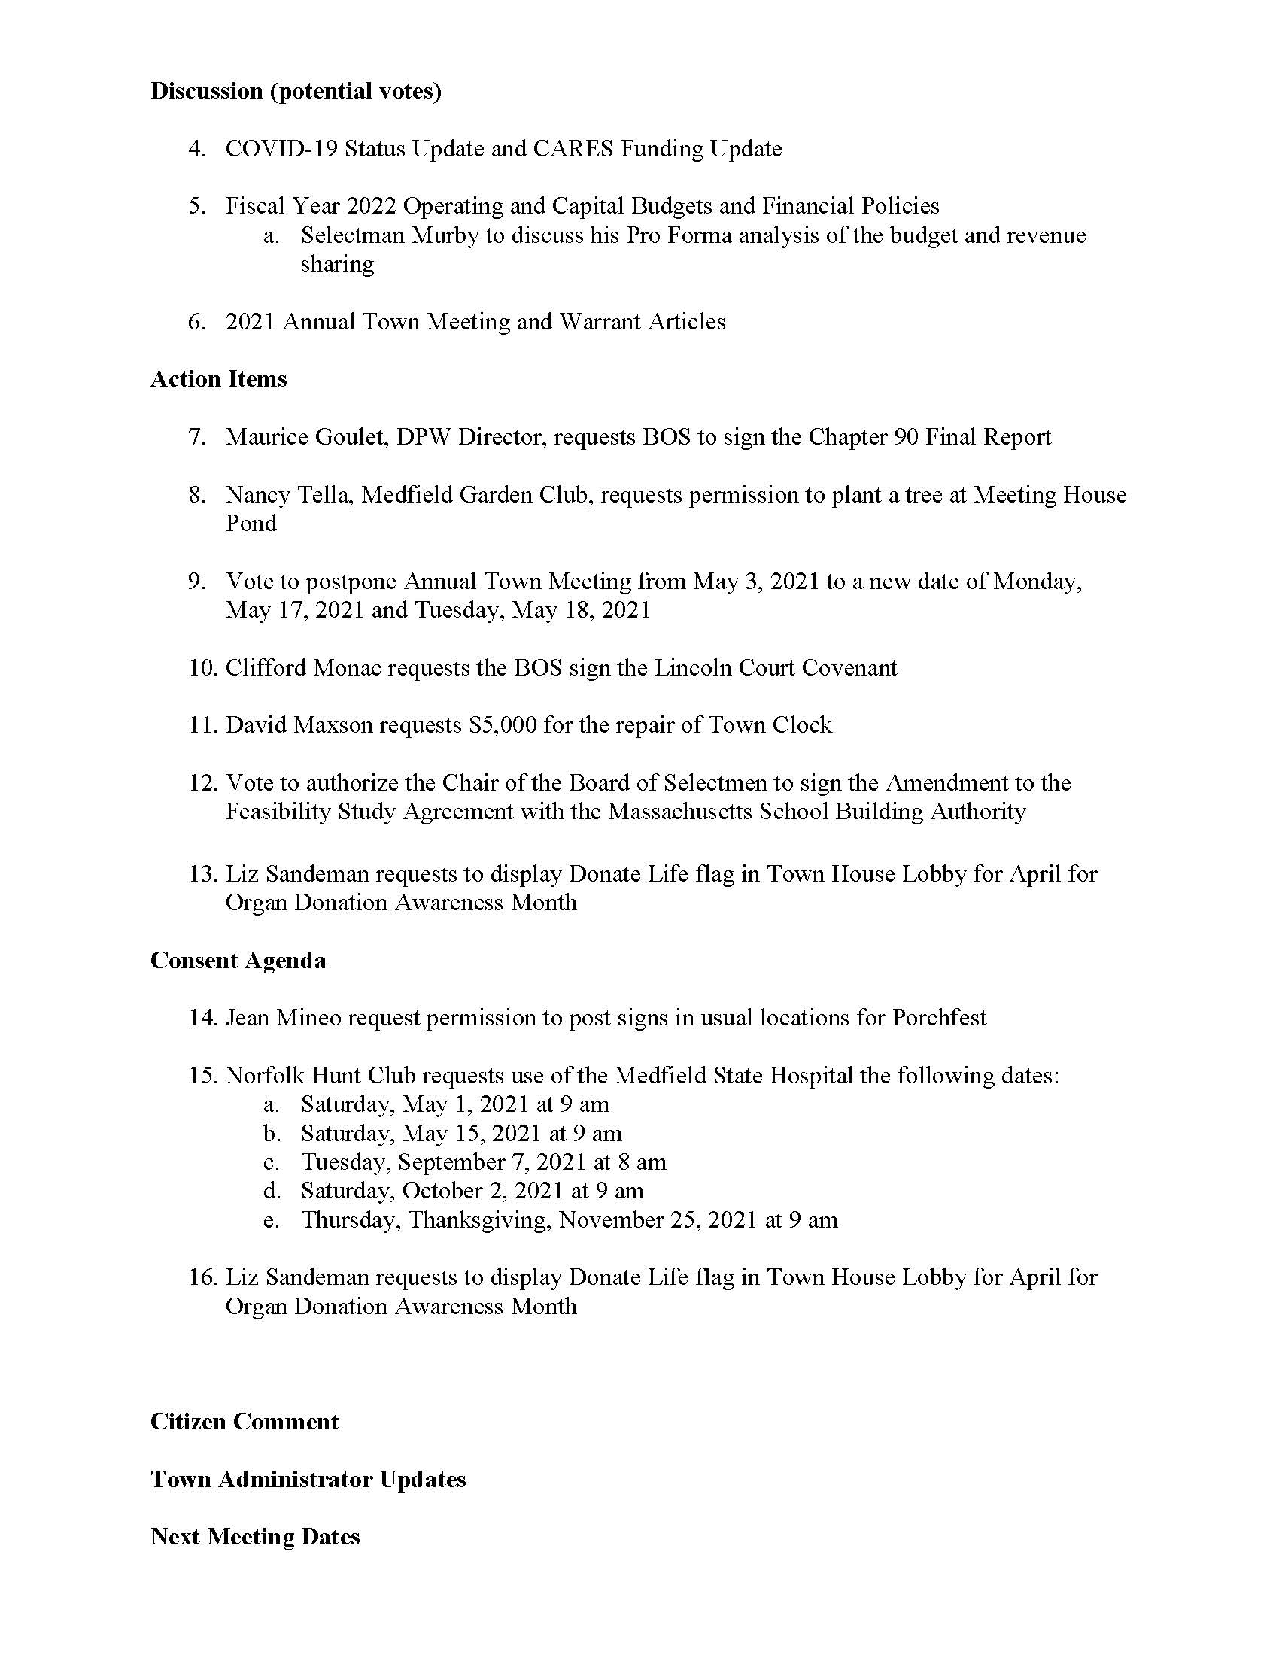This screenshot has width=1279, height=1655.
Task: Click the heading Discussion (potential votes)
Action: point(296,91)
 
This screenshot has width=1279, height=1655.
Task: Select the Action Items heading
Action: point(218,379)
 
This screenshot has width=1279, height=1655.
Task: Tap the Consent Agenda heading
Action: point(238,960)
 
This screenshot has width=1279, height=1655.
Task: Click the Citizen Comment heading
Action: point(244,1421)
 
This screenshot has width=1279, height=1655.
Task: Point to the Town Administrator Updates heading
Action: point(308,1479)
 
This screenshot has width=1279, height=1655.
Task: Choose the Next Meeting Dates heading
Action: point(254,1536)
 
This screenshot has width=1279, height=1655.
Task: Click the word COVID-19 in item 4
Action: point(281,148)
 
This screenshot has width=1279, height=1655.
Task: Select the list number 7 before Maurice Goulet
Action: point(197,437)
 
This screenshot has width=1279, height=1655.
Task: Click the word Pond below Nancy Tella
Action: point(251,524)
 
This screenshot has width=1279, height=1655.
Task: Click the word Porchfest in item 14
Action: point(939,1018)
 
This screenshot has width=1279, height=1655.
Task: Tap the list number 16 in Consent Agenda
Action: point(203,1277)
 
